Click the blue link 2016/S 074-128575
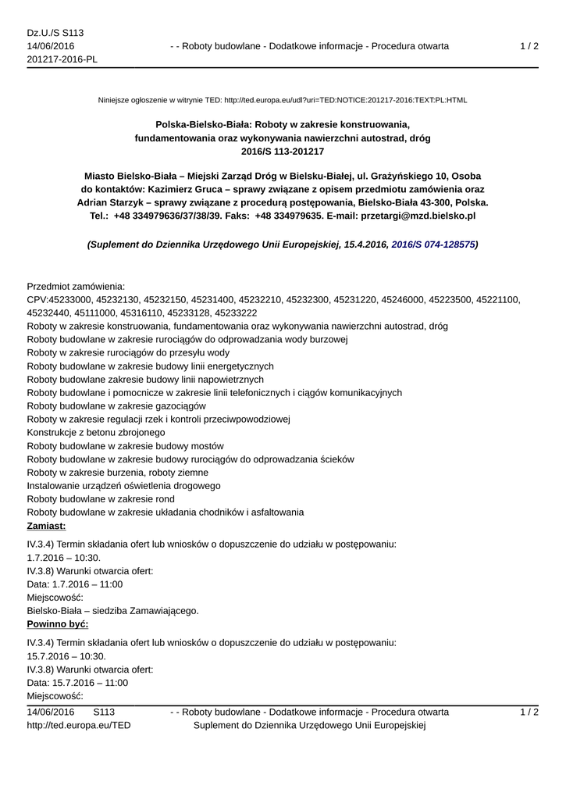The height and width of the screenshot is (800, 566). coord(433,245)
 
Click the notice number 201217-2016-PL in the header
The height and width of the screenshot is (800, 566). coord(62,60)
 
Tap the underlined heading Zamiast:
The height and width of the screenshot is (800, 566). coord(46,526)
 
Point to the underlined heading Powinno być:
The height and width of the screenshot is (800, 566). coord(57,624)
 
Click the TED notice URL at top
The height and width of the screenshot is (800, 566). coord(345,100)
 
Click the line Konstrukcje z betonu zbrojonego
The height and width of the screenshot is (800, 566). coord(96,432)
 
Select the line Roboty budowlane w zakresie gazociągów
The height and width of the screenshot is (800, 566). coord(116,405)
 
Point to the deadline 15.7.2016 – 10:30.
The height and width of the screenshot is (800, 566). coord(66,656)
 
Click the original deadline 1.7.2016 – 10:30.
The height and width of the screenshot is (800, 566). coord(64,558)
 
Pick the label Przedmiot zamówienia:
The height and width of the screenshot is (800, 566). coord(76,287)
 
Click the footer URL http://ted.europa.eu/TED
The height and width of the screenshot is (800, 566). coord(79,725)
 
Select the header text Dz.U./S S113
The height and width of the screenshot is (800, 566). coord(55,33)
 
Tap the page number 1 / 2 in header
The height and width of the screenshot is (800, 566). coord(529,46)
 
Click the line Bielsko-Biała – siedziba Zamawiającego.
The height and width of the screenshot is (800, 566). coord(112,611)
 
